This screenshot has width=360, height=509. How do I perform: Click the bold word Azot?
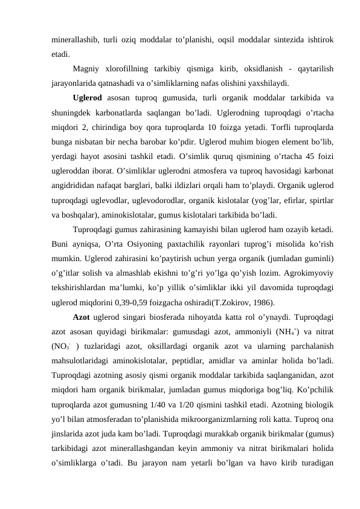pyautogui.click(x=82, y=316)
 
